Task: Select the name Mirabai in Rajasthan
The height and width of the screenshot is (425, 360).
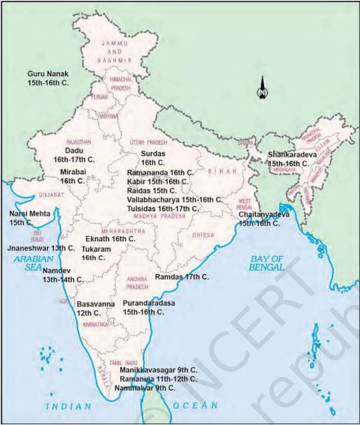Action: point(75,172)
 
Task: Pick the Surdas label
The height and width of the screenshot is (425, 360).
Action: point(144,154)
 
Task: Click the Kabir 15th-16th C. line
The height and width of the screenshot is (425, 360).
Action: point(157,181)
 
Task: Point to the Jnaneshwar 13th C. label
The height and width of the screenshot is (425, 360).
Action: point(41,248)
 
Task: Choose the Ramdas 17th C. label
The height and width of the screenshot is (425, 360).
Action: point(182,277)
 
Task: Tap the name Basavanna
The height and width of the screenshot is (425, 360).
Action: point(96,305)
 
